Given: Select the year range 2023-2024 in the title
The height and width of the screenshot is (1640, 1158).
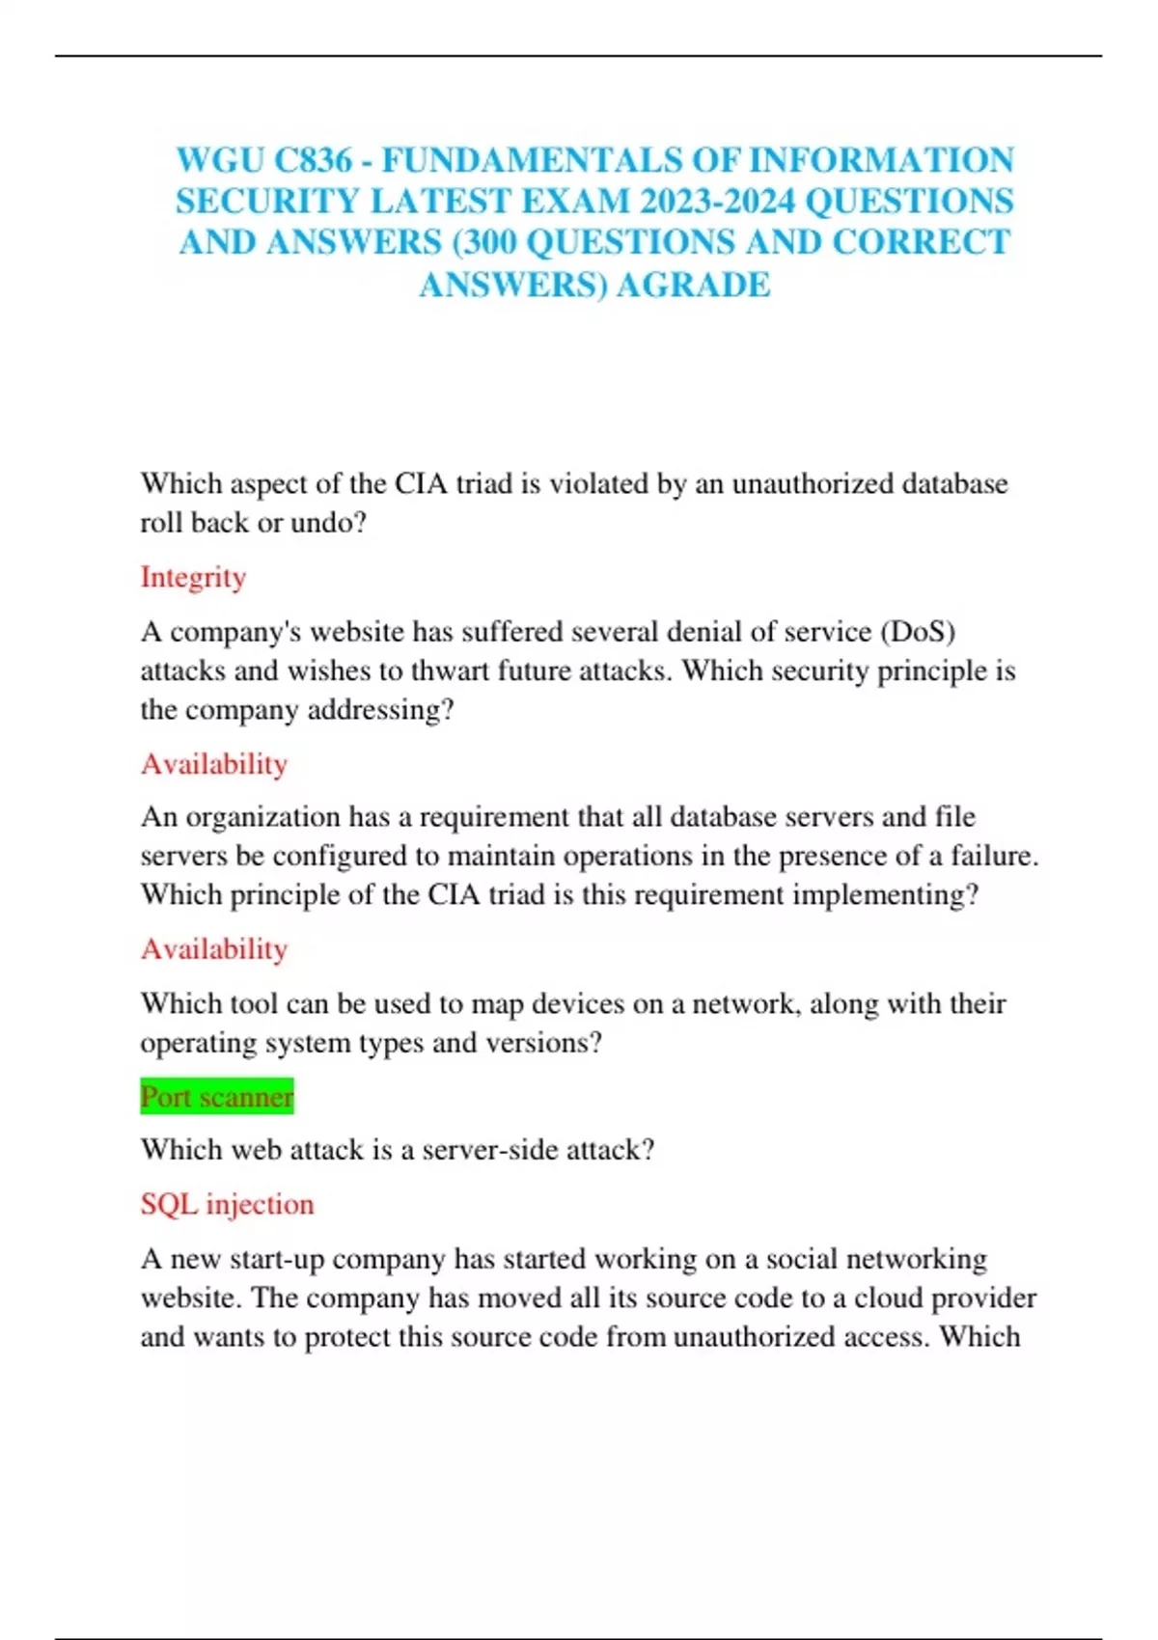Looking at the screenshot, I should (x=717, y=201).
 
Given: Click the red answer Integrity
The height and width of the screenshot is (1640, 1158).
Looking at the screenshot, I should (x=193, y=577).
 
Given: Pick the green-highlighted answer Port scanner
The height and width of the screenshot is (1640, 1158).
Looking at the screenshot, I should (x=217, y=1097).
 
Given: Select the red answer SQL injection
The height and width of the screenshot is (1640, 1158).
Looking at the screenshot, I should (x=227, y=1204).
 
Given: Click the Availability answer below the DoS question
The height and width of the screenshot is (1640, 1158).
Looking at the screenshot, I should (x=214, y=764).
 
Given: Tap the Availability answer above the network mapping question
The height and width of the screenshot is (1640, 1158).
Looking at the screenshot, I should (x=214, y=949).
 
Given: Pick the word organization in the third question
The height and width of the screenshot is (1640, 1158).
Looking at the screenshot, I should (x=262, y=817).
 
